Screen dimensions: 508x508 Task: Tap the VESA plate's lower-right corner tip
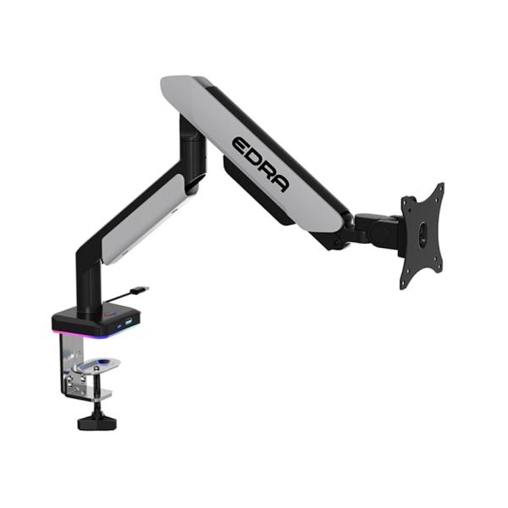tap(440, 273)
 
